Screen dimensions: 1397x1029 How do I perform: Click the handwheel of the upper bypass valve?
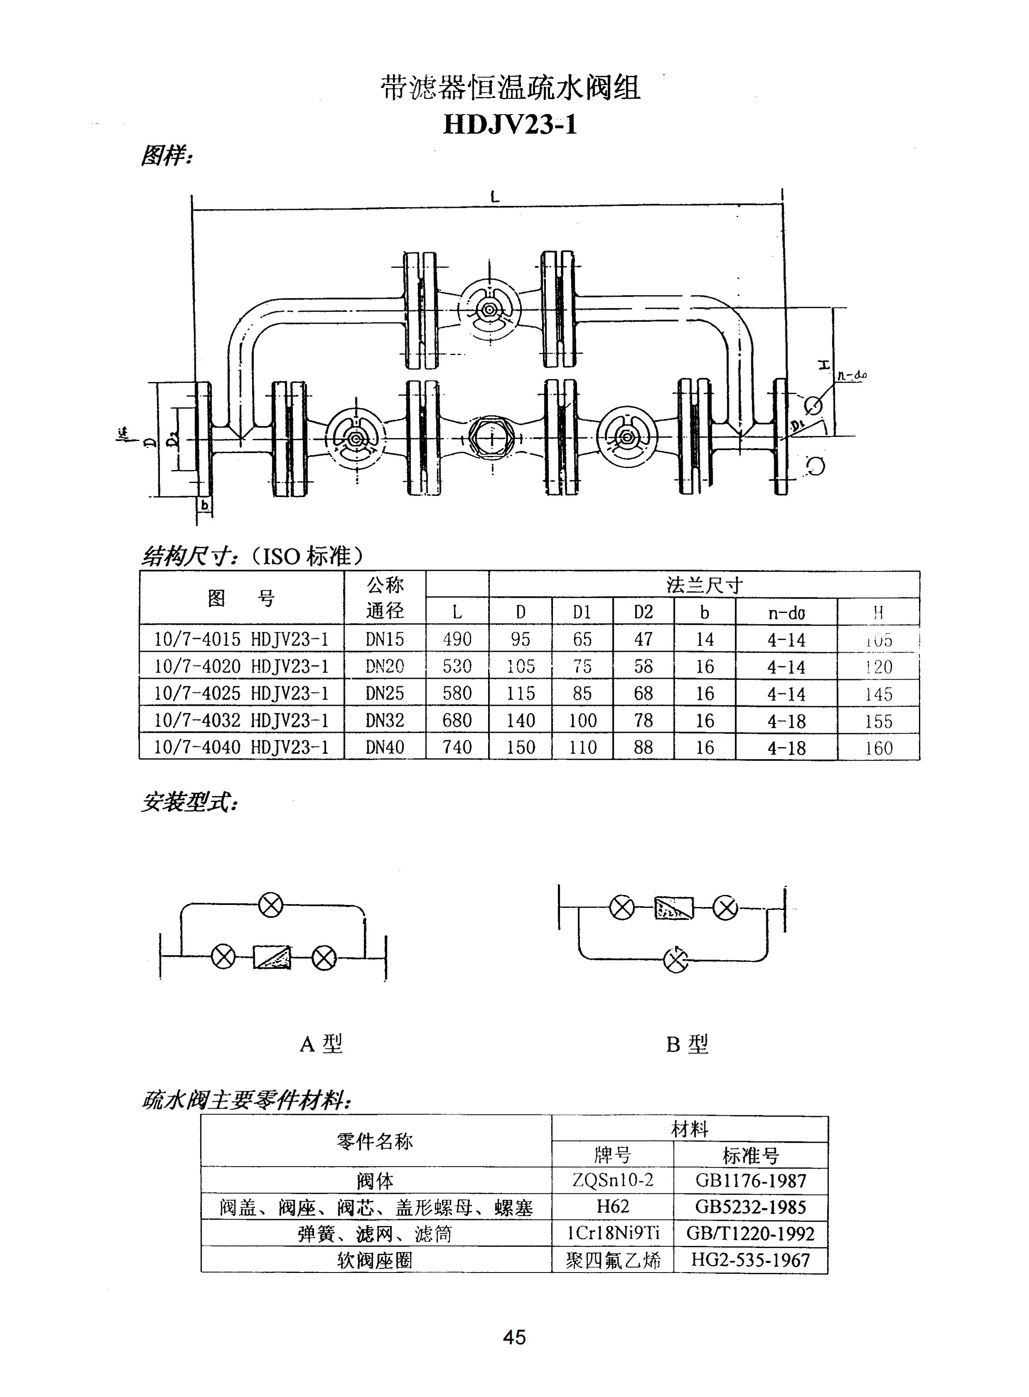pos(489,310)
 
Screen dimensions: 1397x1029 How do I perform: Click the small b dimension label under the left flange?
pos(204,506)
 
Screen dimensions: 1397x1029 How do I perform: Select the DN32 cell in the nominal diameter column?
pos(384,720)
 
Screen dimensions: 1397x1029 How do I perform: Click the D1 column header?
pos(582,612)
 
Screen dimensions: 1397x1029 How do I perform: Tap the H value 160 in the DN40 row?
pos(878,748)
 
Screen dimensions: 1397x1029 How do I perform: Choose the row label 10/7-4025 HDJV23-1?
pos(241,693)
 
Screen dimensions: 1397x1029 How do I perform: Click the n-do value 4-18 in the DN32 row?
pos(786,721)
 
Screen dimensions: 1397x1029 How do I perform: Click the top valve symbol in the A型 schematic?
pos(270,905)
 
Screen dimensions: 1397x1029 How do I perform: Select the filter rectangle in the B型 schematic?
pos(673,908)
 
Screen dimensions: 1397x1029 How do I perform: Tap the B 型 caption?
pos(687,1044)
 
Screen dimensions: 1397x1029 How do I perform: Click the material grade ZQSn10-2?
pos(612,1180)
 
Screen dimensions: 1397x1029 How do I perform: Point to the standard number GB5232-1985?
pos(750,1207)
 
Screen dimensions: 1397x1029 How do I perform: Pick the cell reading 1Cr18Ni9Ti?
pos(612,1233)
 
